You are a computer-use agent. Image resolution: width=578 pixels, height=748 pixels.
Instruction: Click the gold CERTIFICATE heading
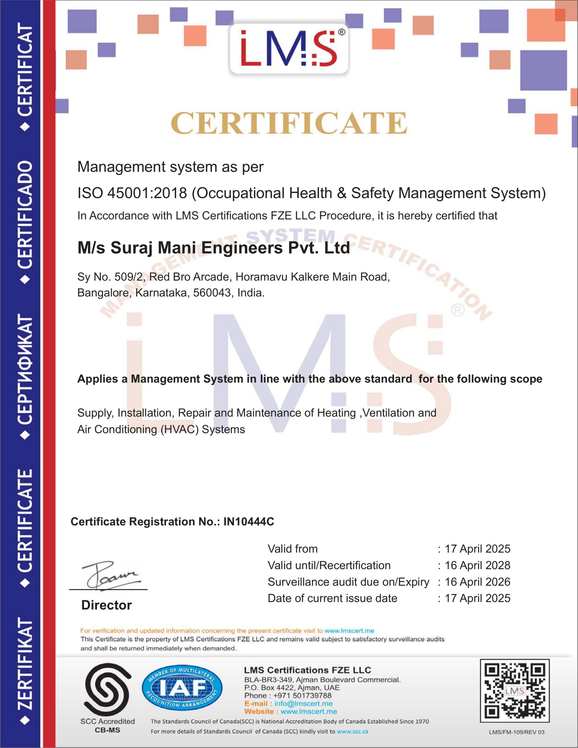(x=289, y=123)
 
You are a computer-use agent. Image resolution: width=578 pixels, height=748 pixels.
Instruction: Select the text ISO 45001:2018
(x=132, y=193)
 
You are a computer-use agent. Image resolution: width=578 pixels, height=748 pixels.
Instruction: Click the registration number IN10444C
(x=248, y=522)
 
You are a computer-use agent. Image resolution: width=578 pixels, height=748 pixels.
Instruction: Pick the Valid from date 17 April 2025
(x=477, y=549)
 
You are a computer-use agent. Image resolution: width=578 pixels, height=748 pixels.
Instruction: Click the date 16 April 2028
(x=477, y=565)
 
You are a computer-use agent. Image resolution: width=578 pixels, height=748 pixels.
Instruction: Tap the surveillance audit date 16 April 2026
(x=477, y=582)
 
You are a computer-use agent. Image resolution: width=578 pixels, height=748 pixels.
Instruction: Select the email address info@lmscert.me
(x=303, y=704)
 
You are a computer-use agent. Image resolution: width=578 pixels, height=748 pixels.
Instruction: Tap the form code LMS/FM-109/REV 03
(x=516, y=732)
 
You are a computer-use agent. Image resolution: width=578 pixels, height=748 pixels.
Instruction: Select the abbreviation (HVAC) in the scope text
(x=179, y=430)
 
